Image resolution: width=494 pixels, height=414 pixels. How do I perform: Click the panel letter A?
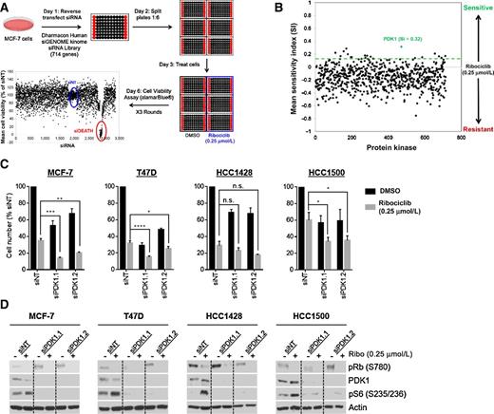pos(6,6)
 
